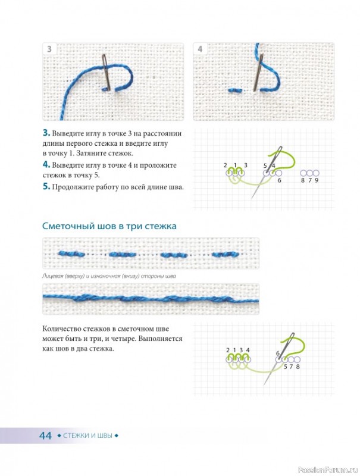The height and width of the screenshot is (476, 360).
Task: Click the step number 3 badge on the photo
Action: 49,49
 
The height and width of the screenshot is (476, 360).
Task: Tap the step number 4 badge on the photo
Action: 200,49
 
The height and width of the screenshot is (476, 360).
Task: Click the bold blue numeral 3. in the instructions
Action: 46,133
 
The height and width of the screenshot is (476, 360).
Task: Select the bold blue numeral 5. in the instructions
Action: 46,186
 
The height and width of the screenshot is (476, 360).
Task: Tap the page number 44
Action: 46,436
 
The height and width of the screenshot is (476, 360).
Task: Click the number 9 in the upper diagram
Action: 317,180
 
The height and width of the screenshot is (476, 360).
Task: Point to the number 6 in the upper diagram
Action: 279,180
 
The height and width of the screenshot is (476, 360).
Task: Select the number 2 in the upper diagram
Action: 226,165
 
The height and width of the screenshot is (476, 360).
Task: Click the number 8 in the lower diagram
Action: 298,367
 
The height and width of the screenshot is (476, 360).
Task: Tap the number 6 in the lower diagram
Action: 278,353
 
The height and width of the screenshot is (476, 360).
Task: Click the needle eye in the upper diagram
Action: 280,150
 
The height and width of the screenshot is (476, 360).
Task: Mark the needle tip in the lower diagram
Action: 264,384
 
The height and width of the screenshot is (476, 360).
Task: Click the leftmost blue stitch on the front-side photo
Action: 71,254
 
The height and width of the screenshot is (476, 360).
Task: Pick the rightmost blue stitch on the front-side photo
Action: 226,255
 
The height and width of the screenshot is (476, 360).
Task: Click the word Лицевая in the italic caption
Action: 52,276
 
